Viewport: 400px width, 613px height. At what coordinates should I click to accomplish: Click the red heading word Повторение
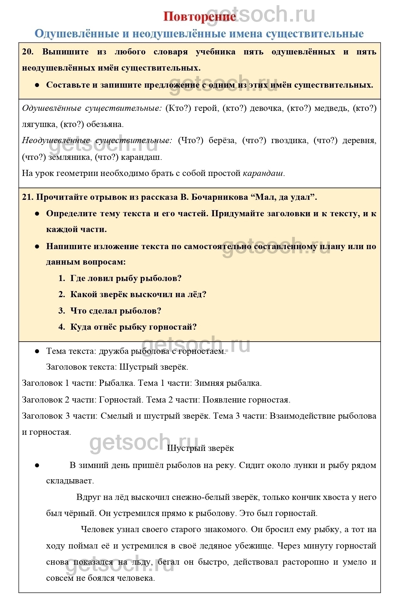pyautogui.click(x=199, y=17)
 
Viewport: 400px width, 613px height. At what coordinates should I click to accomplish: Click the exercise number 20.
pyautogui.click(x=27, y=52)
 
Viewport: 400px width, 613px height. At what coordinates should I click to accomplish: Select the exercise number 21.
pyautogui.click(x=27, y=197)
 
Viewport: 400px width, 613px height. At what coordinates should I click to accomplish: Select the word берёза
pyautogui.click(x=223, y=141)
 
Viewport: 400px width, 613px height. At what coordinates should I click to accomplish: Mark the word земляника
pyautogui.click(x=67, y=157)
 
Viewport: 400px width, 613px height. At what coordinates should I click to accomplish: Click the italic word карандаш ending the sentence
pyautogui.click(x=263, y=173)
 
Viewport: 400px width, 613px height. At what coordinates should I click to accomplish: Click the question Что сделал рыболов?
pyautogui.click(x=115, y=311)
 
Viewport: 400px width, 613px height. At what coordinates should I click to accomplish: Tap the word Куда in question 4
pyautogui.click(x=81, y=327)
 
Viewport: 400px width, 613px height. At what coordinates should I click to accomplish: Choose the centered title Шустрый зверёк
pyautogui.click(x=200, y=448)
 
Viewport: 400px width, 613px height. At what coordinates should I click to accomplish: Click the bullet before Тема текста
pyautogui.click(x=37, y=351)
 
